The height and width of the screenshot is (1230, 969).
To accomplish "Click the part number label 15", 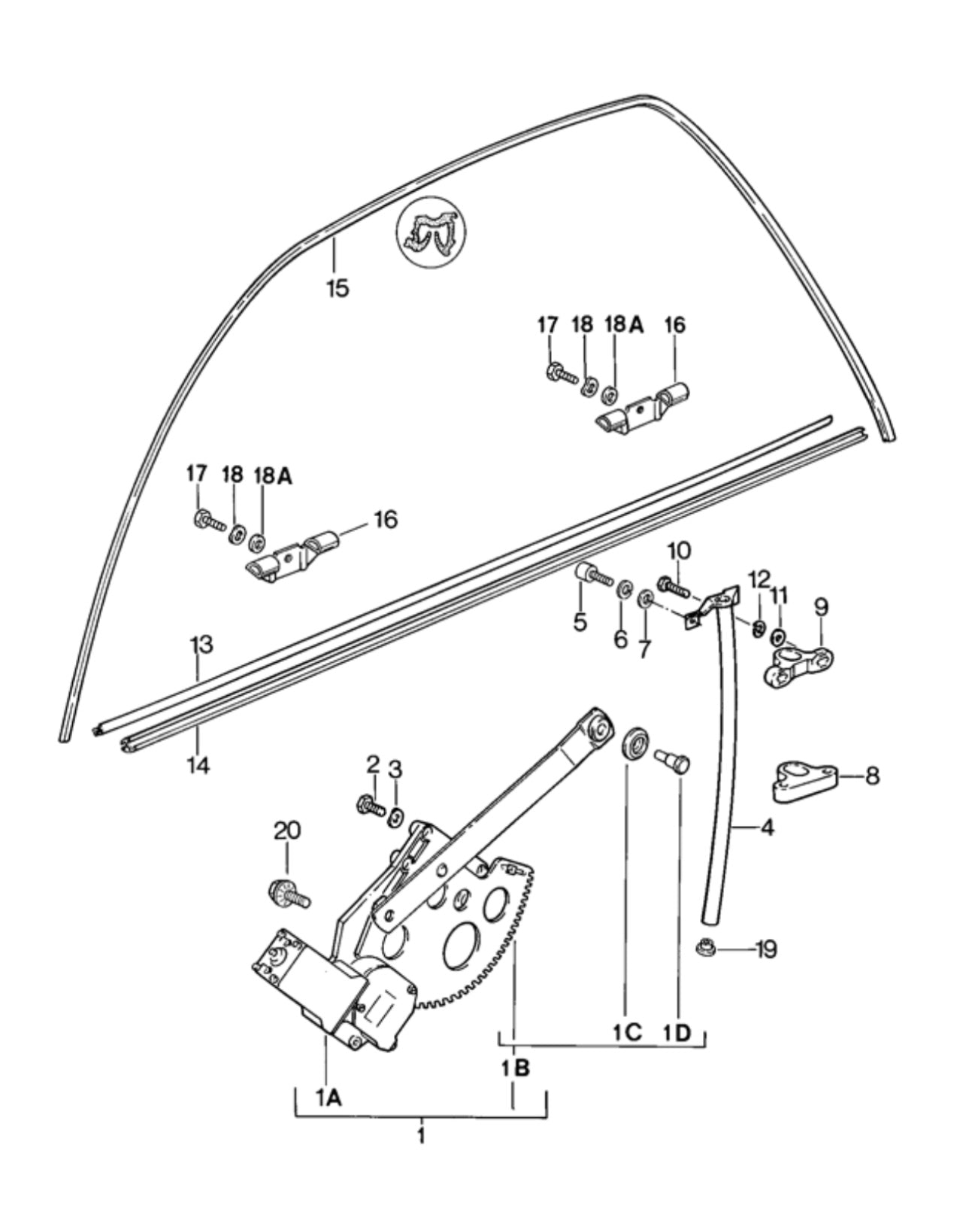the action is coord(338,288).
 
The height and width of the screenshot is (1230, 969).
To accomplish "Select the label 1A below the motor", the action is coord(329,1097).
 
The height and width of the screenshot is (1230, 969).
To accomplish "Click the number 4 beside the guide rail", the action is coord(768,827).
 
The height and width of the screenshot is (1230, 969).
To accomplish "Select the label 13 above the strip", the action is coord(201,645).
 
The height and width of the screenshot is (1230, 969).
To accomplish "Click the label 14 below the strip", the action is coord(198,764).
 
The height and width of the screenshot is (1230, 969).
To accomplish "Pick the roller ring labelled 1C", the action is coord(635,745).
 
